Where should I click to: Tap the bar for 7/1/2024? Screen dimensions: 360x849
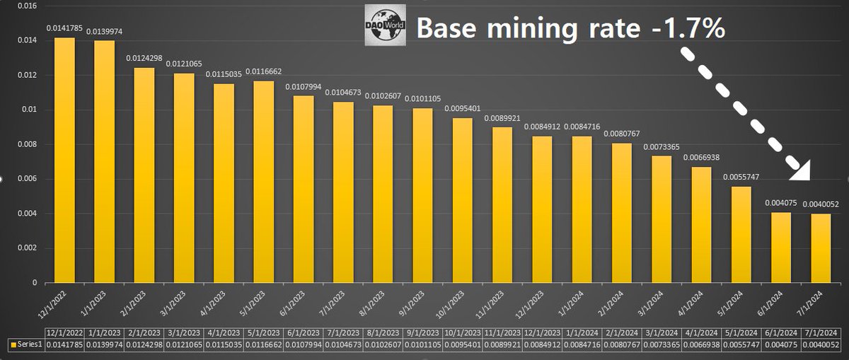point(821,248)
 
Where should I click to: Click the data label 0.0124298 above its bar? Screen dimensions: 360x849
point(145,58)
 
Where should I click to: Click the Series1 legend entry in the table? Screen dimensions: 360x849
point(23,344)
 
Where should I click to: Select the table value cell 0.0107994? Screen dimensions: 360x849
point(302,344)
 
